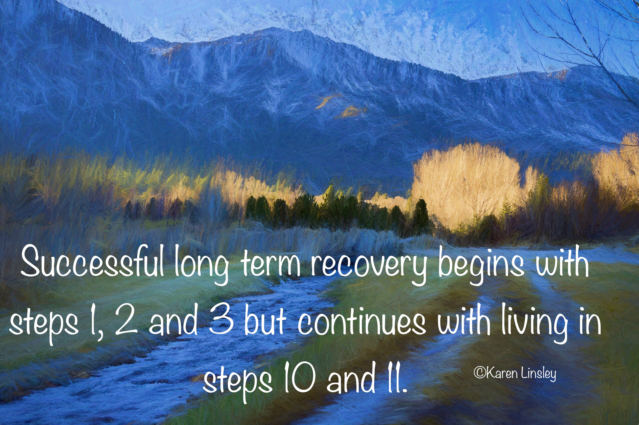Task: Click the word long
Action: (201, 265)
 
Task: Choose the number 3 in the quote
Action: (221, 320)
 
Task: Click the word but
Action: (265, 320)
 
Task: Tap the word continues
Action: (361, 321)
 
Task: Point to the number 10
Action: (300, 378)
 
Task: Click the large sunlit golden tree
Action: (467, 184)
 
